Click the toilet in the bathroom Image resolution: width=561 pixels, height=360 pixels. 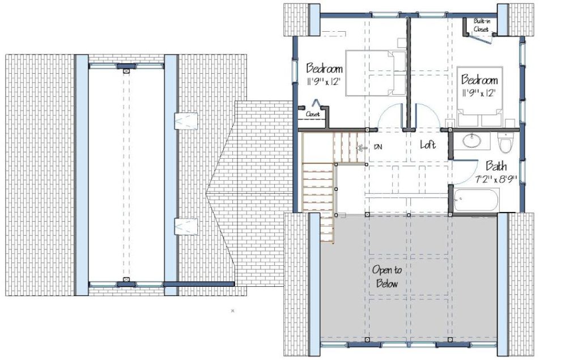pyautogui.click(x=505, y=142)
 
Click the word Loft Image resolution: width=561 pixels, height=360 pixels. pyautogui.click(x=428, y=145)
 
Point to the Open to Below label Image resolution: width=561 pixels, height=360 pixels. pyautogui.click(x=387, y=277)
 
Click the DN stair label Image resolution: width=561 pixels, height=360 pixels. pyautogui.click(x=377, y=147)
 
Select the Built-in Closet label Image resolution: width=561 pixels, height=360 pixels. pyautogui.click(x=481, y=26)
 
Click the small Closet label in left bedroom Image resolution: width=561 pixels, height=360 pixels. pyautogui.click(x=313, y=114)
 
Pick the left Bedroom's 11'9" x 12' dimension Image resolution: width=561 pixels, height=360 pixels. pyautogui.click(x=323, y=82)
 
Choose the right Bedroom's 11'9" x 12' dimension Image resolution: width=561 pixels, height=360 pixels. pyautogui.click(x=479, y=93)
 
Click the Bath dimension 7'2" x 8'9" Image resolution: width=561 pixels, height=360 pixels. pyautogui.click(x=495, y=179)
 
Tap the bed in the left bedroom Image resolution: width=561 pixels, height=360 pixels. pyautogui.click(x=375, y=73)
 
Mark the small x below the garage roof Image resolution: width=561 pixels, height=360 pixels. pyautogui.click(x=232, y=311)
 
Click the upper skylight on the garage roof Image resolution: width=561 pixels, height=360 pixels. pyautogui.click(x=186, y=121)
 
